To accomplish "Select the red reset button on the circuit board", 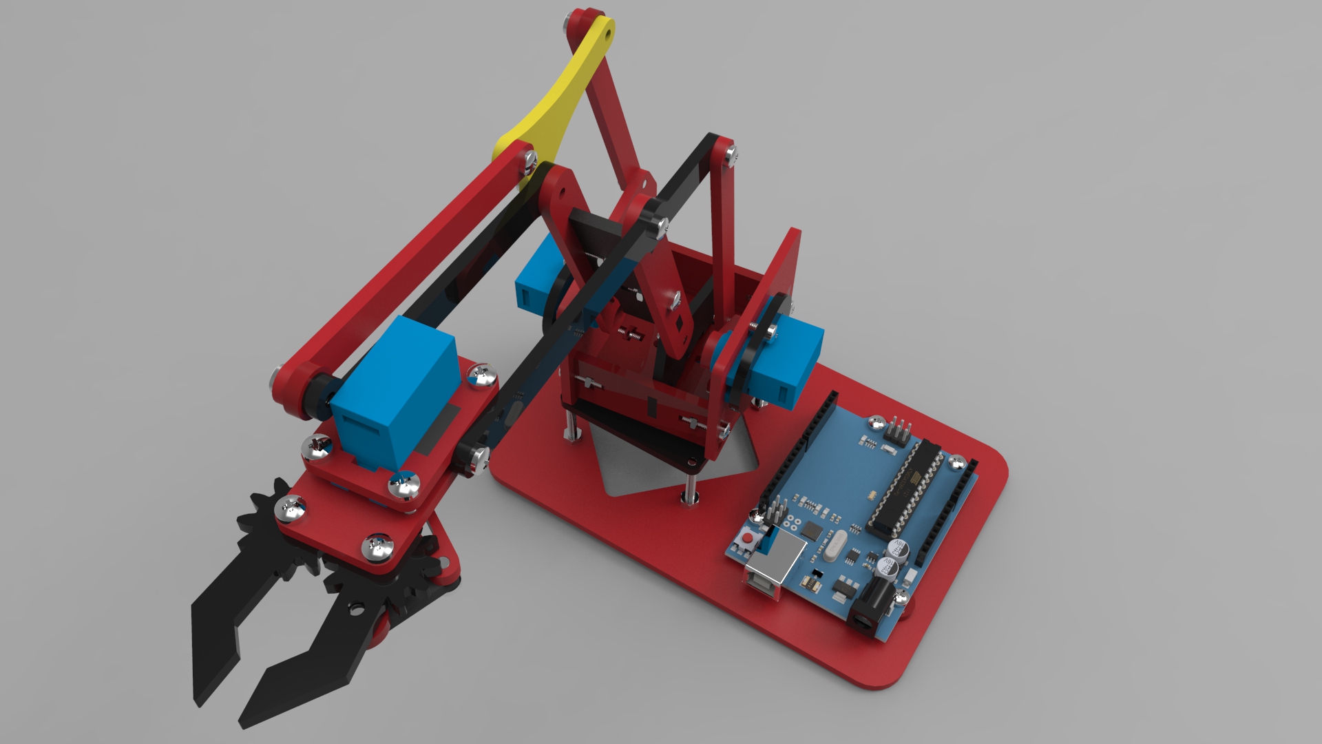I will [748, 537].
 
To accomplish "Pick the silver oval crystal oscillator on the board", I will [832, 544].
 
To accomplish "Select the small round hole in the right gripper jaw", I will [356, 609].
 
